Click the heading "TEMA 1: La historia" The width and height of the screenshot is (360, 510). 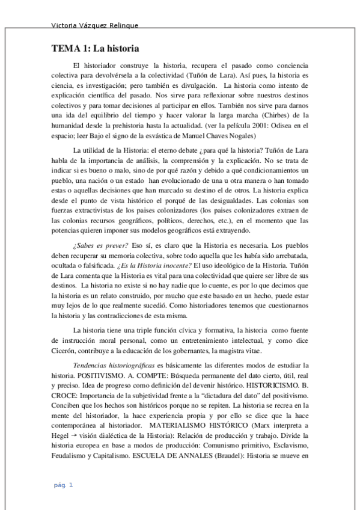(95, 49)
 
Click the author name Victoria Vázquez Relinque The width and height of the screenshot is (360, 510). (96, 26)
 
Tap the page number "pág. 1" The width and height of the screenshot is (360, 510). (63, 485)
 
